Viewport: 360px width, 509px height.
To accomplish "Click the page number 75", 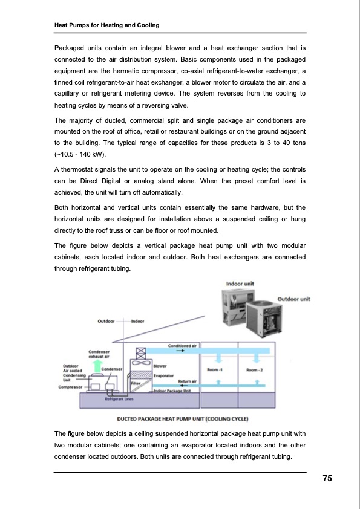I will tap(327, 478).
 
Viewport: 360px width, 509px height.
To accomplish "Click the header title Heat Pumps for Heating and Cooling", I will tap(107, 25).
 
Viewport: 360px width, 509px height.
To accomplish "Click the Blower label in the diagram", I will tap(160, 366).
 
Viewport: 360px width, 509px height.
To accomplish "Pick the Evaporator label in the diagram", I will tap(164, 375).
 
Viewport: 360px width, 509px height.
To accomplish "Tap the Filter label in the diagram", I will tap(136, 384).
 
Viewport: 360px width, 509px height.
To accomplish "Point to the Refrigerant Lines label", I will tap(119, 399).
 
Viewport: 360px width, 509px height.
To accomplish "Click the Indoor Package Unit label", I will tap(172, 391).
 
